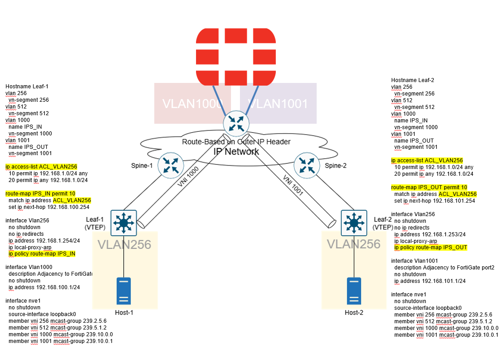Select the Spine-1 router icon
[170, 164]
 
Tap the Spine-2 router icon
[307, 165]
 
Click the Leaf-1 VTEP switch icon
[123, 222]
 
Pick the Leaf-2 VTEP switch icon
[354, 222]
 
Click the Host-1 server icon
[124, 291]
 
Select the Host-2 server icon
[354, 291]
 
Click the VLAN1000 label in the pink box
[192, 104]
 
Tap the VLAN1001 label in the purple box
[278, 104]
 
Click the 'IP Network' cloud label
[236, 151]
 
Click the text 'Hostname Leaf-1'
[26, 87]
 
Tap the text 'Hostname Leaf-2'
[412, 80]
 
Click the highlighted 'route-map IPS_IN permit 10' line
[40, 194]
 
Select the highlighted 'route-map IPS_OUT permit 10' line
[429, 187]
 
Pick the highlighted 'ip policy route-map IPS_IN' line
[42, 254]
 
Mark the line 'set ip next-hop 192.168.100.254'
[48, 207]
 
